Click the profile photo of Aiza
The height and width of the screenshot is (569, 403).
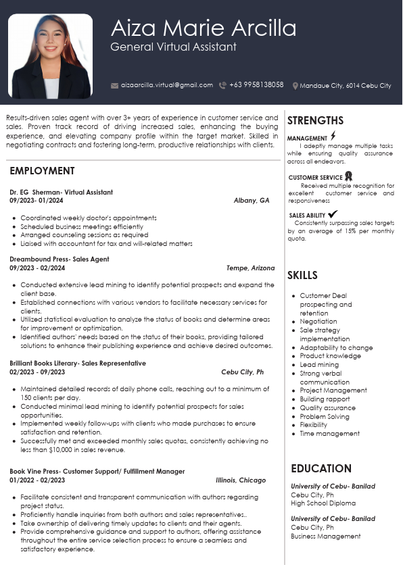pyautogui.click(x=51, y=56)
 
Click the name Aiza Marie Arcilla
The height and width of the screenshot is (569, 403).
pyautogui.click(x=203, y=28)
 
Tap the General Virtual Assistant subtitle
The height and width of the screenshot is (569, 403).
pyautogui.click(x=173, y=47)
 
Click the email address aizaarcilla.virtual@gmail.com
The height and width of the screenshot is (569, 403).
pyautogui.click(x=166, y=85)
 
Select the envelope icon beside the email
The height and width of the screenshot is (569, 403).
pyautogui.click(x=115, y=85)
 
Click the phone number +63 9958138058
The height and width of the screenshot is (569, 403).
pyautogui.click(x=256, y=85)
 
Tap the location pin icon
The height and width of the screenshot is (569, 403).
pyautogui.click(x=295, y=86)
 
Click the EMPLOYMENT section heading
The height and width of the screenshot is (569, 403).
pyautogui.click(x=42, y=171)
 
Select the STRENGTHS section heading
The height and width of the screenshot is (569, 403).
pyautogui.click(x=315, y=121)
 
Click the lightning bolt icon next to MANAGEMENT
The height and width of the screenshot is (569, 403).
pyautogui.click(x=333, y=136)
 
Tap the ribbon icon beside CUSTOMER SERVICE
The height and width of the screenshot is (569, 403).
pyautogui.click(x=348, y=177)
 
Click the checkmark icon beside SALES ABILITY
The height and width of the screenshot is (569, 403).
pyautogui.click(x=333, y=214)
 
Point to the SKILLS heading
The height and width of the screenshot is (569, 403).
pyautogui.click(x=302, y=275)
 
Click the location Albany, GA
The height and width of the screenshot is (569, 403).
pyautogui.click(x=251, y=201)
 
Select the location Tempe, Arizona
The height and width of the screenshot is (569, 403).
pyautogui.click(x=250, y=268)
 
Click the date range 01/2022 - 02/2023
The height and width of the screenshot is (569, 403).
pyautogui.click(x=37, y=480)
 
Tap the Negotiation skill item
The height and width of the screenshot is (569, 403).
pyautogui.click(x=318, y=322)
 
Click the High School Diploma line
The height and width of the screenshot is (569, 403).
pyautogui.click(x=323, y=503)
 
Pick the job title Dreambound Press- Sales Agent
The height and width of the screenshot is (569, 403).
pyautogui.click(x=60, y=259)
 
